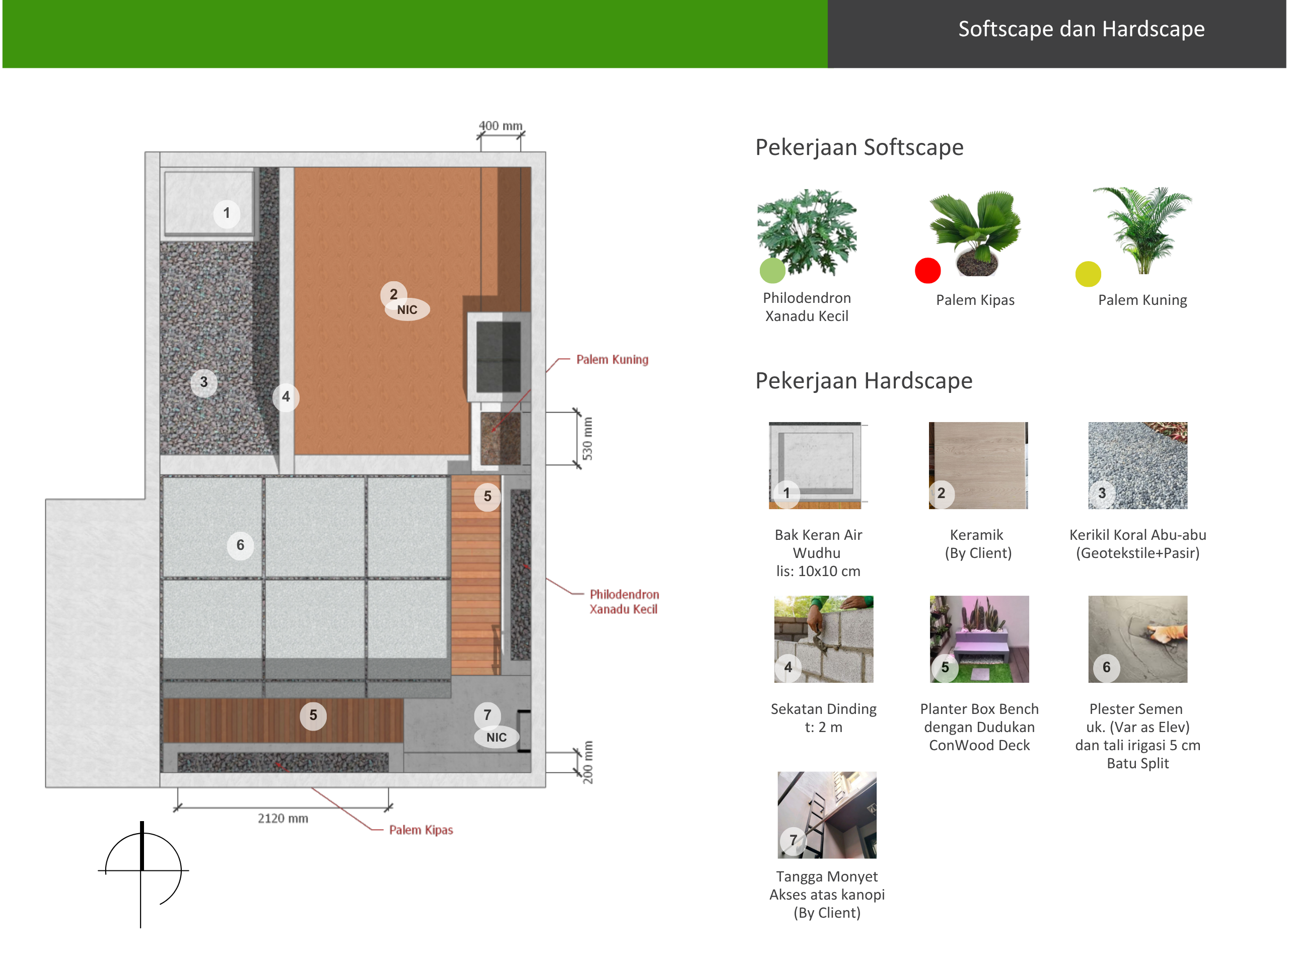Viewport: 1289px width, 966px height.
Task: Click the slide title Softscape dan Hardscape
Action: pyautogui.click(x=1081, y=29)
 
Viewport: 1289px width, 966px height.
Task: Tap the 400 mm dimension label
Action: pyautogui.click(x=500, y=126)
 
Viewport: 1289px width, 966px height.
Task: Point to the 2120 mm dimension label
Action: pyautogui.click(x=283, y=818)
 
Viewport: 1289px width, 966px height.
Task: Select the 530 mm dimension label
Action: pyautogui.click(x=588, y=438)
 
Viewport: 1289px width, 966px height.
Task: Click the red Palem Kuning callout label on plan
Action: pyautogui.click(x=612, y=359)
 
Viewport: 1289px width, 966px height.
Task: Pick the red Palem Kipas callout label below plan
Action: pyautogui.click(x=421, y=830)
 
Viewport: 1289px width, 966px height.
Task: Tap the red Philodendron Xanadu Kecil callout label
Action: pyautogui.click(x=624, y=602)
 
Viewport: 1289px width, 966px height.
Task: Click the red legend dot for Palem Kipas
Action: pyautogui.click(x=927, y=270)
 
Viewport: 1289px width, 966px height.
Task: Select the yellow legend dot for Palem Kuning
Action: pyautogui.click(x=1088, y=274)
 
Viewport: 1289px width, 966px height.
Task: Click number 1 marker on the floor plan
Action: pyautogui.click(x=227, y=214)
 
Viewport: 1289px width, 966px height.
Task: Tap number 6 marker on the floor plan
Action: pyautogui.click(x=240, y=545)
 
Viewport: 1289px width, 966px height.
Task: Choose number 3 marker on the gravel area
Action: pyautogui.click(x=204, y=382)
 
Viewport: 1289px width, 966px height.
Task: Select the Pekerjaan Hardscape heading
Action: pyautogui.click(x=864, y=381)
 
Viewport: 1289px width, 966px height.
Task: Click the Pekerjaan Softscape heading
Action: pyautogui.click(x=860, y=147)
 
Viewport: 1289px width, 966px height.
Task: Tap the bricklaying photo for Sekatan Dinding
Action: pyautogui.click(x=823, y=639)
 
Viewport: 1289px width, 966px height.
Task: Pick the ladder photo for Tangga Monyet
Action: pyautogui.click(x=827, y=815)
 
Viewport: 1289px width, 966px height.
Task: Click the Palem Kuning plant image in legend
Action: pyautogui.click(x=1143, y=230)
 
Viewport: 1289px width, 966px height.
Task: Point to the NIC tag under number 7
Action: pyautogui.click(x=496, y=737)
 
